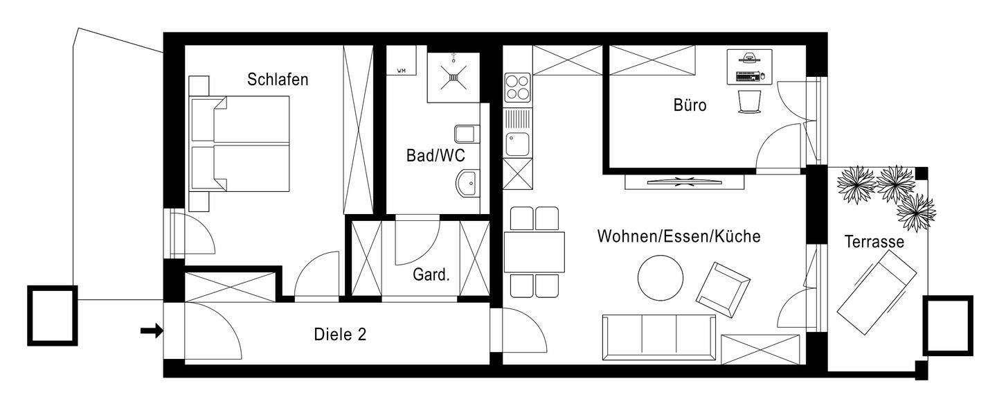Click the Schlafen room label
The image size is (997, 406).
click(278, 80)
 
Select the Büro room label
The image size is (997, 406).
click(690, 106)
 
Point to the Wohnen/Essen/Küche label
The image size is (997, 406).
click(679, 237)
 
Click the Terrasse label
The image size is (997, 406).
click(874, 242)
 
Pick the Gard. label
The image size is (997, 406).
click(431, 274)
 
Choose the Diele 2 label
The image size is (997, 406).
click(340, 335)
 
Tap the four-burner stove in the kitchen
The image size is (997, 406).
click(517, 87)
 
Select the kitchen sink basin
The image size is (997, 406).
click(516, 144)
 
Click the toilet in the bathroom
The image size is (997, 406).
click(466, 133)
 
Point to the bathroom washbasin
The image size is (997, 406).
click(467, 184)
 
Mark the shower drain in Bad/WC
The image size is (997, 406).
click(454, 78)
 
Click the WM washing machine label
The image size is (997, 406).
click(401, 71)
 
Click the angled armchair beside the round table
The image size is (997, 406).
click(722, 286)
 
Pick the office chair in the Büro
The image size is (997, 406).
click(748, 103)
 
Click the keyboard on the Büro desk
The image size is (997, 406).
click(746, 73)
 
